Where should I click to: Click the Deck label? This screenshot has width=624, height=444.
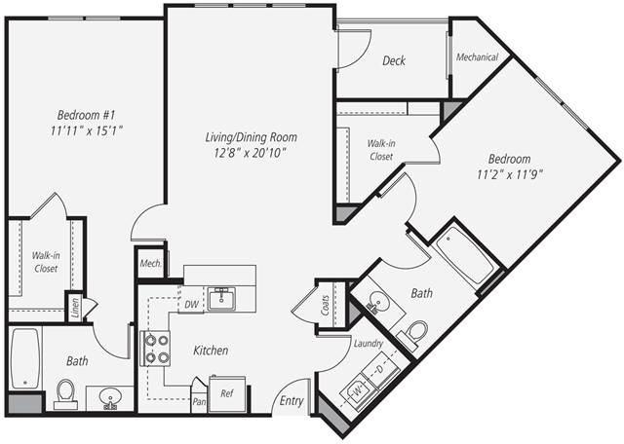point(394,60)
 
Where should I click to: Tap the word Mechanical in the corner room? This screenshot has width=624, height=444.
point(478,57)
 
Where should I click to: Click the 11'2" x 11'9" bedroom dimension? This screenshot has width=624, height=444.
point(509,175)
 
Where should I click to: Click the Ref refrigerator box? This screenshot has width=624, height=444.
point(227,393)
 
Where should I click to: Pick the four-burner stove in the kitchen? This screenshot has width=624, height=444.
point(156,348)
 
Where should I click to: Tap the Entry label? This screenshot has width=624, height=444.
point(292,400)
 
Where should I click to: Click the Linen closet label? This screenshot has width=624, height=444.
point(75,306)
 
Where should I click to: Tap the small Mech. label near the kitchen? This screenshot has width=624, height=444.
point(149,263)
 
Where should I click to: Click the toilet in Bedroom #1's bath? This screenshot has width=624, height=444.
point(65,391)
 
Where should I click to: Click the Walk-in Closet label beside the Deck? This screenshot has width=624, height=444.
point(380,149)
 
